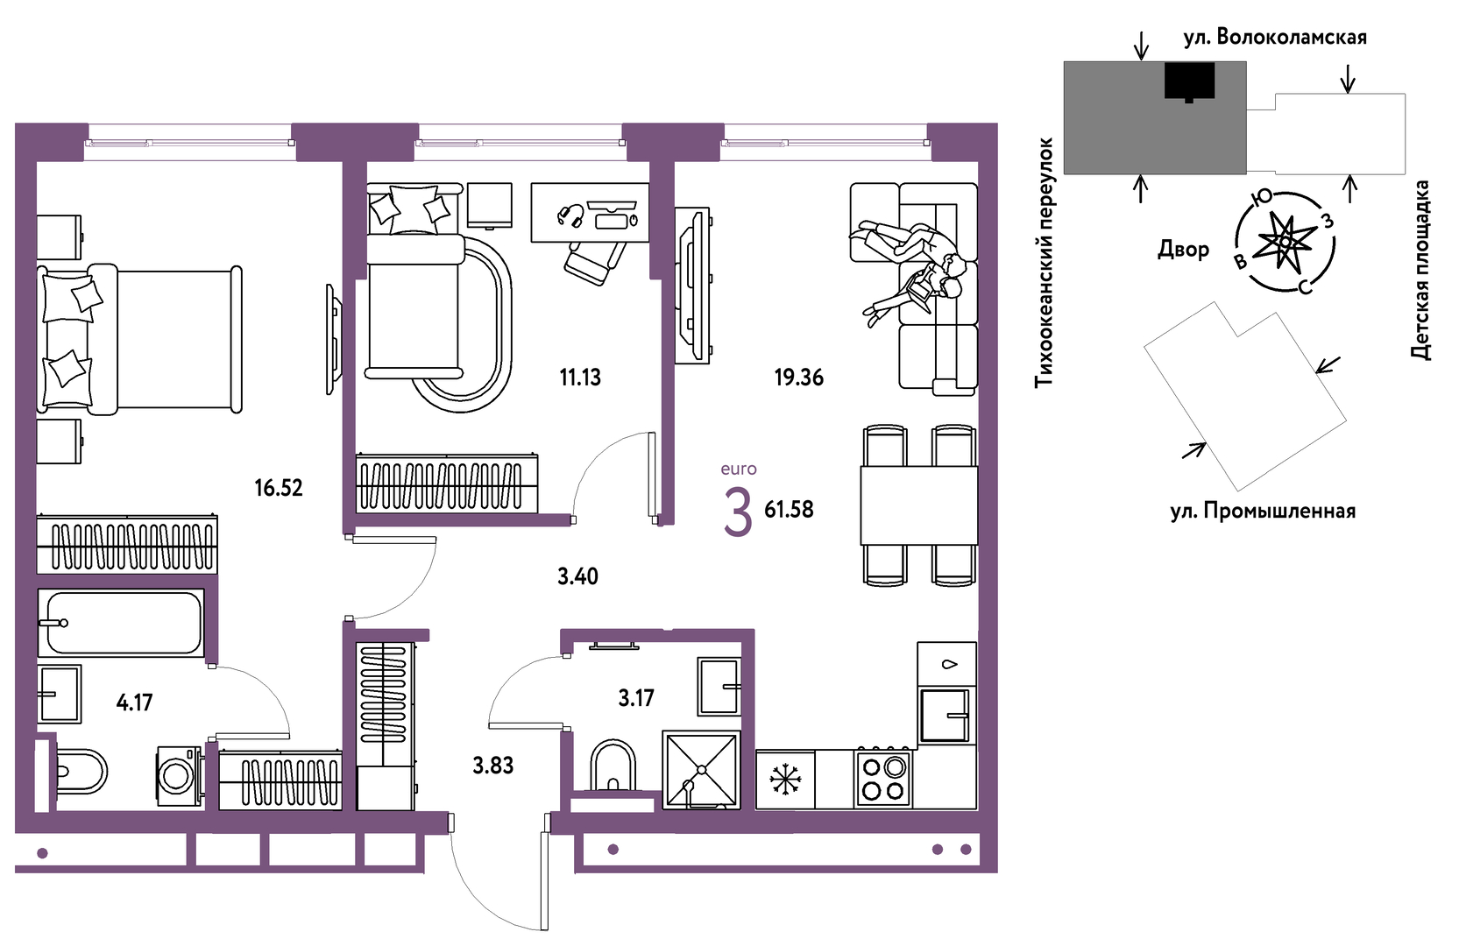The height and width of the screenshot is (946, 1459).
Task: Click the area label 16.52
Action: coord(279,488)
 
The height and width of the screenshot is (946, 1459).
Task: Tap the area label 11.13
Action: coord(580,377)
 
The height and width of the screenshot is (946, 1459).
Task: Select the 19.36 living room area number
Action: coord(799,377)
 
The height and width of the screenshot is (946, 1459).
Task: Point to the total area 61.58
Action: coord(790,509)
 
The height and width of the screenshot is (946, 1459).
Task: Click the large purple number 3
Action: coord(738,513)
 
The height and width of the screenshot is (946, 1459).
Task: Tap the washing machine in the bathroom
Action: coord(179,776)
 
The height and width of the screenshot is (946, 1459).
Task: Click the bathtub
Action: coord(121,623)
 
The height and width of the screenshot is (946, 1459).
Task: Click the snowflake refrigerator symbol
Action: coord(785,780)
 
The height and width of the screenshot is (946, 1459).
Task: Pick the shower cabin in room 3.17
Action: coord(702,770)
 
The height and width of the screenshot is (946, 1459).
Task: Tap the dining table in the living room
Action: coord(919,505)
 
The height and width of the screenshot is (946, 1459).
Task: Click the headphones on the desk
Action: coord(570,215)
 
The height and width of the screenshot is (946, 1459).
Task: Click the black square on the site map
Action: coord(1189,81)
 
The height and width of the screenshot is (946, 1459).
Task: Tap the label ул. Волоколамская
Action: coord(1275,38)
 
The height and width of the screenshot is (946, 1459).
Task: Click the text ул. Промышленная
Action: coord(1263,511)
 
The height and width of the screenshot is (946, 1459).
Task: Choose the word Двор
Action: coord(1184,249)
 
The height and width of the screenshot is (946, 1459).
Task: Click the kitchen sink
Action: coord(946,715)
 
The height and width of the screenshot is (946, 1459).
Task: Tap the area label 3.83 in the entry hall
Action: coord(493,766)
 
